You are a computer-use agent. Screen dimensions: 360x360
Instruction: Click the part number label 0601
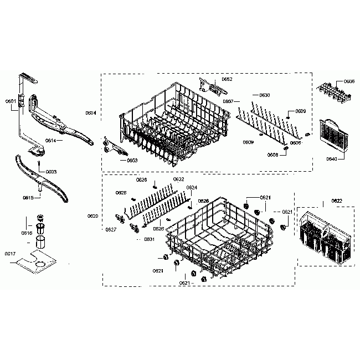pos(10,101)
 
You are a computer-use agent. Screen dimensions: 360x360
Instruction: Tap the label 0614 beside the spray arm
pos(50,141)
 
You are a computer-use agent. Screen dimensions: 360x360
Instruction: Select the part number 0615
pos(28,197)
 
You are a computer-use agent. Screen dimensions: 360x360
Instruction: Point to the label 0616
pos(26,234)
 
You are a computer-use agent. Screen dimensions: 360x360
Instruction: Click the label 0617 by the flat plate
pos(10,254)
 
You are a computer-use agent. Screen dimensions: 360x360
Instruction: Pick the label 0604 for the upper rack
pos(91,113)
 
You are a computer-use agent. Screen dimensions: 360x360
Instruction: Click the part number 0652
pos(227,79)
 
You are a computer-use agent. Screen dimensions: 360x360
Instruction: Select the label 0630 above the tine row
pos(265,95)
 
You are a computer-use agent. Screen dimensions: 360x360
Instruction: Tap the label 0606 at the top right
pos(349,81)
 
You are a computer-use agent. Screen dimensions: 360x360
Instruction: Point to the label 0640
pos(332,159)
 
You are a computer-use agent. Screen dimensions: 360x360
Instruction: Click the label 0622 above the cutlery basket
pos(337,200)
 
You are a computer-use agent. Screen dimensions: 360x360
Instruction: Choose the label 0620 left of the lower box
pos(92,215)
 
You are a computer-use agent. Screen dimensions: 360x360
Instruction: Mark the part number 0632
pos(179,179)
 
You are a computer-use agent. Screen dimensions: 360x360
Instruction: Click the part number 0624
pos(192,187)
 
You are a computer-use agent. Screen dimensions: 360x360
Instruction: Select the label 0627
pos(110,229)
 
